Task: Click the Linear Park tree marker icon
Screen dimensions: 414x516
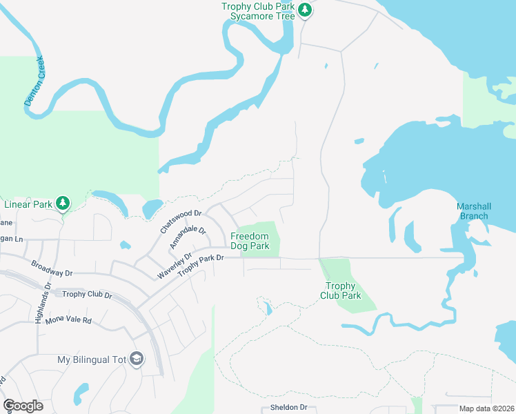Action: pyautogui.click(x=63, y=203)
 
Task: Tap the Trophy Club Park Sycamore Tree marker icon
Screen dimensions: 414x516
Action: pyautogui.click(x=304, y=10)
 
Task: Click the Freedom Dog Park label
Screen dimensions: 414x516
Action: pyautogui.click(x=250, y=241)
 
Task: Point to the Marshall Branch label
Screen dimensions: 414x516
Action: pyautogui.click(x=473, y=211)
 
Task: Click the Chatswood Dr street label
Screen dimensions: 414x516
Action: pyautogui.click(x=180, y=221)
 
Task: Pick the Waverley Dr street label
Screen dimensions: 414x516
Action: pyautogui.click(x=174, y=265)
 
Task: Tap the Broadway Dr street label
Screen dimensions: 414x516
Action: pyautogui.click(x=52, y=268)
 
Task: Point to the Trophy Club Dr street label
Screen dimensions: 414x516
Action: pyautogui.click(x=87, y=295)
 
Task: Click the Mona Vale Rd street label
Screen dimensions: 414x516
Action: pyautogui.click(x=68, y=321)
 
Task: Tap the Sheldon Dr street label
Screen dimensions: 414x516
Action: pyautogui.click(x=284, y=407)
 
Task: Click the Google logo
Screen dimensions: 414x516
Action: pyautogui.click(x=23, y=406)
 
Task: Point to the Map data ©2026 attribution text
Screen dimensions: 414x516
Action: pyautogui.click(x=486, y=408)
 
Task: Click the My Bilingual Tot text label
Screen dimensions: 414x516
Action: pyautogui.click(x=93, y=359)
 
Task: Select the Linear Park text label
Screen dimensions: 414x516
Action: pyautogui.click(x=28, y=204)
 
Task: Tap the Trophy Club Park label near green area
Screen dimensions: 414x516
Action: pyautogui.click(x=341, y=290)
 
